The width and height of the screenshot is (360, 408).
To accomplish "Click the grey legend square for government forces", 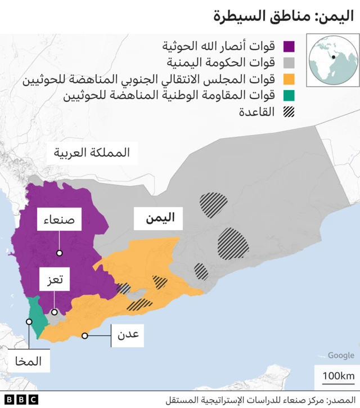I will [290, 62].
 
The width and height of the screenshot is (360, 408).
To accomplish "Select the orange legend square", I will [290, 79].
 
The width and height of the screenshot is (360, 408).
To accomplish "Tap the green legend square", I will [290, 95].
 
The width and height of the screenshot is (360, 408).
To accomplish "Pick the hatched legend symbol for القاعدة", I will [290, 111].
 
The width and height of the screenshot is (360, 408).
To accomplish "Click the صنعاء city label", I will [59, 221].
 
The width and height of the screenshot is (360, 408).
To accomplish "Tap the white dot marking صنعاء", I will [59, 254].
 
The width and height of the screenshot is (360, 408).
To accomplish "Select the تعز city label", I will [54, 279].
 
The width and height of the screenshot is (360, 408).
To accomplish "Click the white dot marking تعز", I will [55, 312].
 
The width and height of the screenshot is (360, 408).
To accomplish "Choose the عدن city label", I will [128, 336].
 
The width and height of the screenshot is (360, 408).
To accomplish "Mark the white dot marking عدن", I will [85, 336].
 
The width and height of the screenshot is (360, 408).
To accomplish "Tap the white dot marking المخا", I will [29, 322].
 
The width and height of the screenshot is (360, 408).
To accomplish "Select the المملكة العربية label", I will [92, 153].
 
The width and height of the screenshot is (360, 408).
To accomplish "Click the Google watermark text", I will [341, 356].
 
